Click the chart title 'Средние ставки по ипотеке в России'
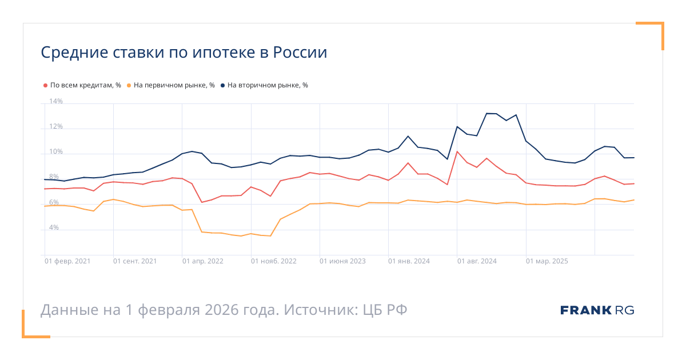pos(184,53)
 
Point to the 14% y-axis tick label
pos(56,102)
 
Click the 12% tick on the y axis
pos(56,127)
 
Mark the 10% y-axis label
pos(56,152)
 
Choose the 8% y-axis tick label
pos(54,177)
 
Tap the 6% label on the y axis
pos(54,202)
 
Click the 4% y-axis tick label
pos(54,227)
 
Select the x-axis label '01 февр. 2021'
pos(67,261)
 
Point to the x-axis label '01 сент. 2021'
pos(135,261)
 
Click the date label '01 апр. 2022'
pos(203,261)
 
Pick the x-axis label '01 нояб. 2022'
pos(274,261)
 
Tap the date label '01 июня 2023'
pos(342,261)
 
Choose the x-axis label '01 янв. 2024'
pos(409,261)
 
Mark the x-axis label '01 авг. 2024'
pos(477,261)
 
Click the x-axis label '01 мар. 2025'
pos(547,261)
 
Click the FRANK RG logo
pos(597,310)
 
